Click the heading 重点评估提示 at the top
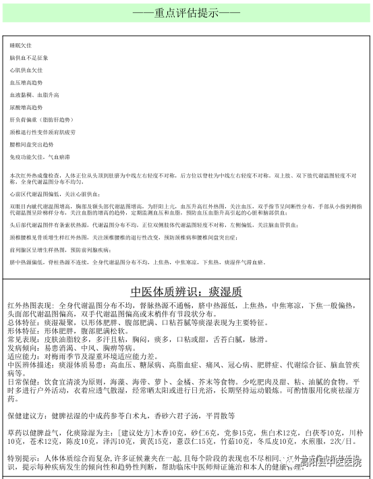tap(186, 13)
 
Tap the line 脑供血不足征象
tap(28, 57)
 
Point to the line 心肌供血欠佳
tap(26, 69)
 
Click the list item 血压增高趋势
tap(26, 82)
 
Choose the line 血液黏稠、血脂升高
tap(34, 94)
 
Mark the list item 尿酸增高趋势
tap(26, 107)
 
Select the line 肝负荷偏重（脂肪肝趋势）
tap(40, 119)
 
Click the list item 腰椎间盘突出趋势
tap(31, 144)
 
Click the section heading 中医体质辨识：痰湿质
tap(186, 291)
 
